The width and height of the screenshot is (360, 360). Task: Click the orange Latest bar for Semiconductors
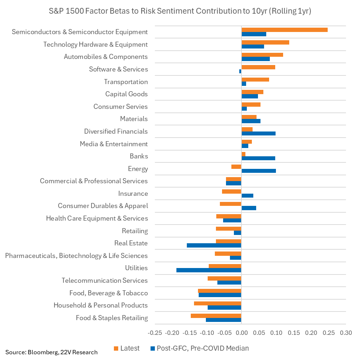[x=284, y=30]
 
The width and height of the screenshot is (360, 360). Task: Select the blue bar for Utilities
[x=209, y=270]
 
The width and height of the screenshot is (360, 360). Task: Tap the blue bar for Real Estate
[x=214, y=245]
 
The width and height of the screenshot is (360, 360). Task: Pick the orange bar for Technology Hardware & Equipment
[x=265, y=42]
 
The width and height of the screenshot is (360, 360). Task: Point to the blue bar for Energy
[x=259, y=171]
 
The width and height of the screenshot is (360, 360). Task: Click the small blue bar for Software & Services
[x=240, y=71]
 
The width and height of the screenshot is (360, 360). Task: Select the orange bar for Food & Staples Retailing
[x=216, y=316]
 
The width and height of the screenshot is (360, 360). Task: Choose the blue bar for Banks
[x=258, y=158]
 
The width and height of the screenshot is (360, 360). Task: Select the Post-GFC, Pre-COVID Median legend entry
[x=200, y=348]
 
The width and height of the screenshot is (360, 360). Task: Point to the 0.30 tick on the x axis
[x=346, y=333]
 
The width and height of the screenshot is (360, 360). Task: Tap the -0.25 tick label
[x=154, y=333]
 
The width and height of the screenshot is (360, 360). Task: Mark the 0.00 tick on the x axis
[x=241, y=333]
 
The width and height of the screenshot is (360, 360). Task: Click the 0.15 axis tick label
[x=294, y=333]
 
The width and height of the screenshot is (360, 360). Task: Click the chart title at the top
[x=180, y=11]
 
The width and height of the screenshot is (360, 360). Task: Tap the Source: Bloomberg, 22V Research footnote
[x=51, y=352]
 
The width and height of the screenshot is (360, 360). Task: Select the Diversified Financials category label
[x=116, y=131]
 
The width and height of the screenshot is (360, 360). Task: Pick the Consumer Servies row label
[x=120, y=107]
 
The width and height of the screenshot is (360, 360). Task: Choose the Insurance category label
[x=133, y=194]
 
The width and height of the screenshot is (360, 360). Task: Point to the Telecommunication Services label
[x=105, y=281]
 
